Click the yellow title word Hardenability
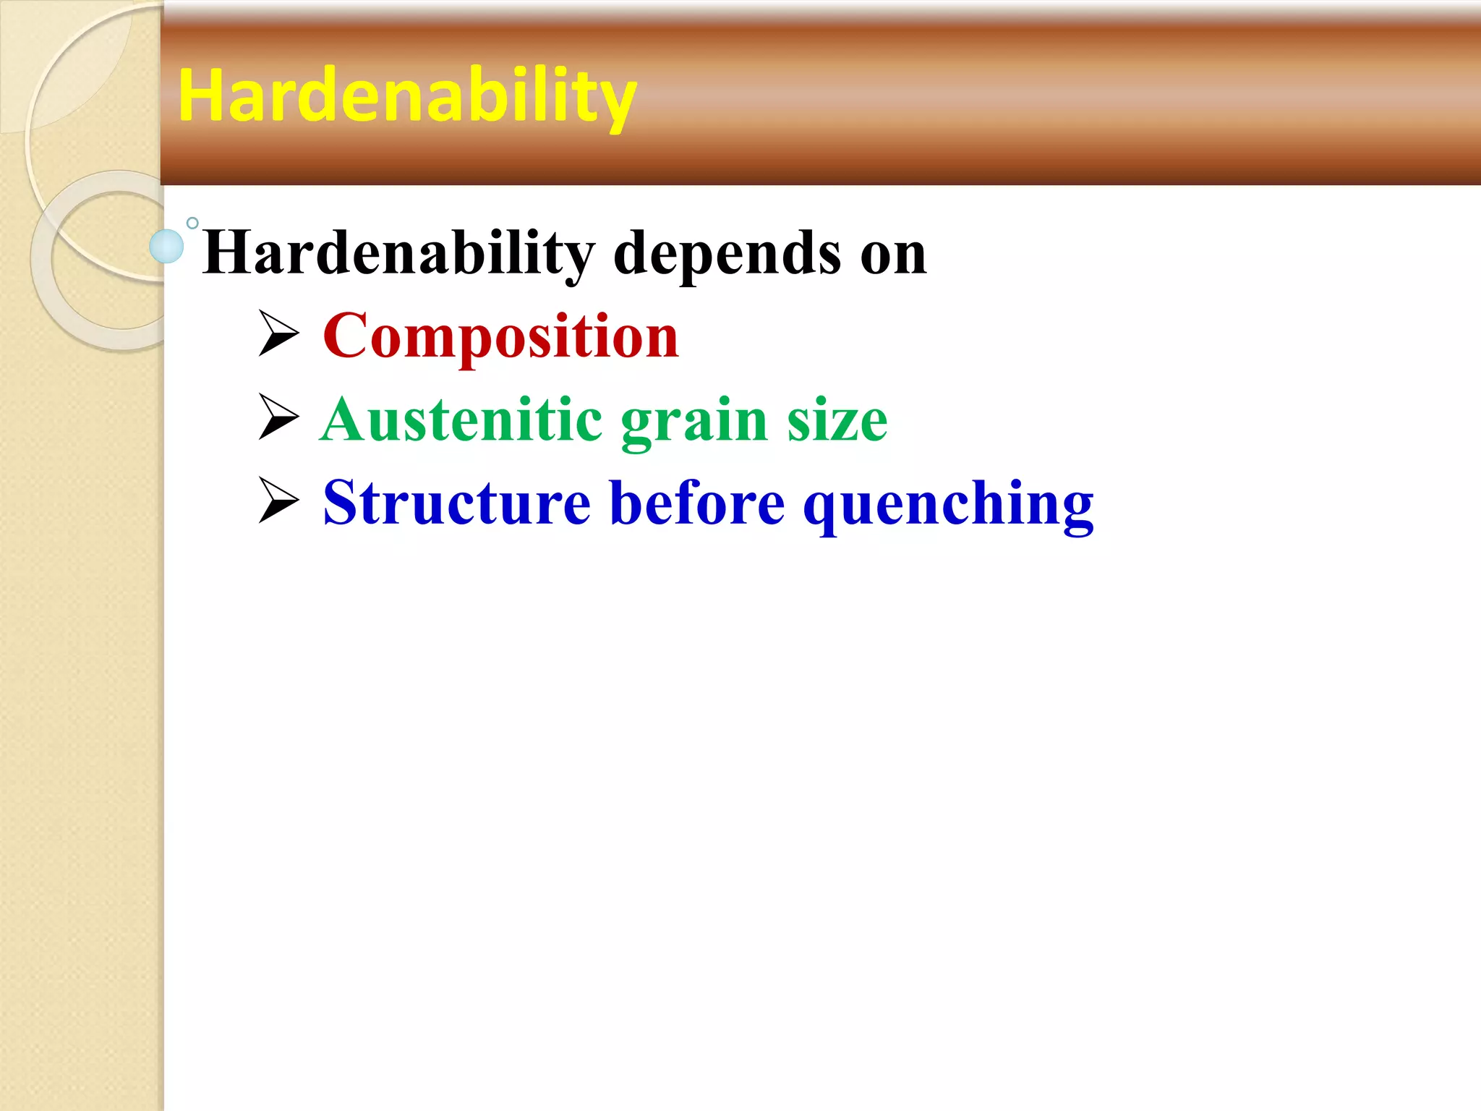click(x=406, y=96)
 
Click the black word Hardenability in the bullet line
click(x=398, y=253)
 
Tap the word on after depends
click(x=893, y=255)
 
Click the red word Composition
click(x=500, y=336)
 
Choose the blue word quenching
click(x=948, y=506)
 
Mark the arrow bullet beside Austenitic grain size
click(x=278, y=417)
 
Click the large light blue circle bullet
click(x=166, y=246)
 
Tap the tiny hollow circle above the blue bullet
click(x=192, y=224)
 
